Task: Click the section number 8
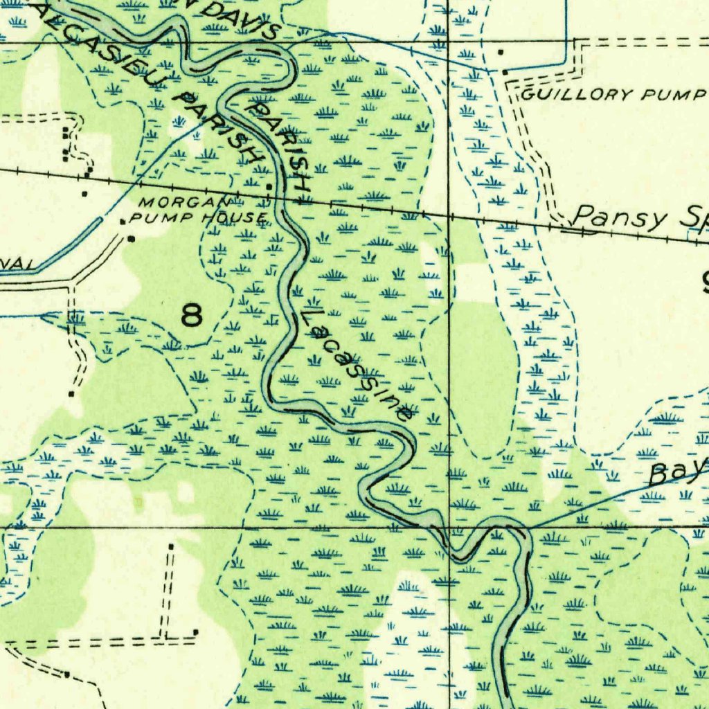tap(192, 316)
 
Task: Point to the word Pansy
tap(620, 217)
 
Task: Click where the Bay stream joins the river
tap(528, 529)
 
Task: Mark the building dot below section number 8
tap(71, 394)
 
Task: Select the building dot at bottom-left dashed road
tap(66, 674)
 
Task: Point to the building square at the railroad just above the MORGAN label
tap(269, 186)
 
